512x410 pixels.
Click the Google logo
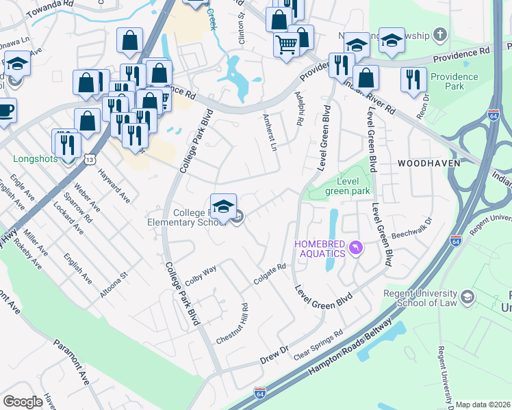[x=23, y=402]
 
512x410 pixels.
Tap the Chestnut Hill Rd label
[x=240, y=323]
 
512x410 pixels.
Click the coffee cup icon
[x=5, y=109]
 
